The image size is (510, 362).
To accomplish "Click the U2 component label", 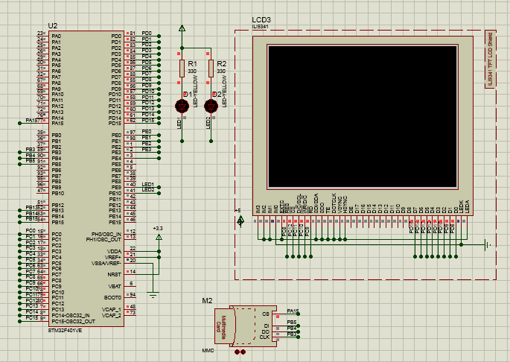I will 52,25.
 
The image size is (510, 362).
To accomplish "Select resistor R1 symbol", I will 182,69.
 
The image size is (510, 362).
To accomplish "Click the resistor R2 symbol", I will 211,69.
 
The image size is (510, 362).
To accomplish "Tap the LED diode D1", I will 182,105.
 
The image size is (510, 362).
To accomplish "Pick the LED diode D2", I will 211,105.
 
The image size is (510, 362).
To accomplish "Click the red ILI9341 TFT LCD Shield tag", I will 489,60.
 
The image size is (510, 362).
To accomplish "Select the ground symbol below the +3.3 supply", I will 153,296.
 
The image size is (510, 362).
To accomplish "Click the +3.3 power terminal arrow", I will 158,236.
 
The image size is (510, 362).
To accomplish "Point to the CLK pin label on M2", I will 264,337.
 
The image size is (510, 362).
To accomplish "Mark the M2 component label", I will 208,300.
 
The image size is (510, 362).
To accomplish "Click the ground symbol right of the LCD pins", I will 486,244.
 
